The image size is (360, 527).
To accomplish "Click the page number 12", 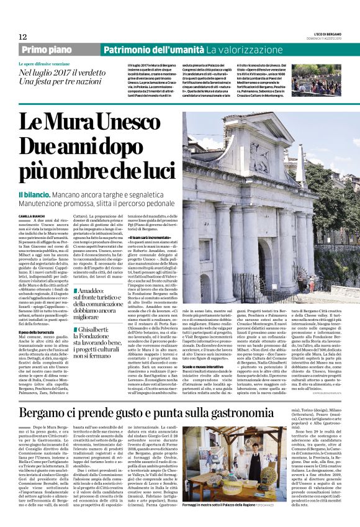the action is click(22, 37).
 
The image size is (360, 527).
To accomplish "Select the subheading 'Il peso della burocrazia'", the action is click(39, 333).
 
